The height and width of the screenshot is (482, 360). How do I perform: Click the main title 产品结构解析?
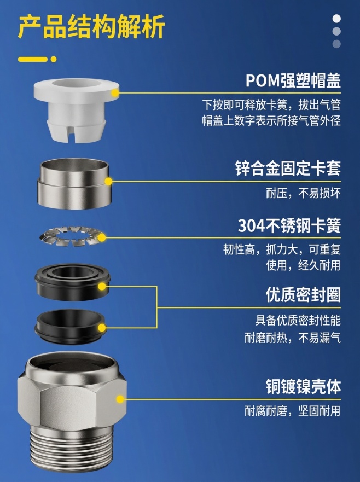tap(91, 27)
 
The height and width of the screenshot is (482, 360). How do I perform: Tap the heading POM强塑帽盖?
tap(293, 81)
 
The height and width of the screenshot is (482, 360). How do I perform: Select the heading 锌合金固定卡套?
tap(288, 169)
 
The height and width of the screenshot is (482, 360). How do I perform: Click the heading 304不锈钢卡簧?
tap(289, 225)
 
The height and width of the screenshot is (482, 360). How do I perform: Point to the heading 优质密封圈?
tap(303, 295)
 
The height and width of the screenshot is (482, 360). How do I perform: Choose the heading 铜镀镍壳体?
tap(303, 386)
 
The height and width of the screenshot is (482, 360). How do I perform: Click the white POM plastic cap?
tap(76, 109)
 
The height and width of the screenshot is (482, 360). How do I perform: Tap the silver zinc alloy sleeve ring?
tap(73, 184)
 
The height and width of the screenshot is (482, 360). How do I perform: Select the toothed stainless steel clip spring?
tap(71, 236)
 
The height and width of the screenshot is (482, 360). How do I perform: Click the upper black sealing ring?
tap(73, 282)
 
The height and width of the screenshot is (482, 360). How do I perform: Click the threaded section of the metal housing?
tap(72, 454)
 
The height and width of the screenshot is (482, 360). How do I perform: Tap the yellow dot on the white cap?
tap(115, 93)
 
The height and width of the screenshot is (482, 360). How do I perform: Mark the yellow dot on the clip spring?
tap(102, 237)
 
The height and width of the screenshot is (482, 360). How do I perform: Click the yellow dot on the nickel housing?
tap(120, 399)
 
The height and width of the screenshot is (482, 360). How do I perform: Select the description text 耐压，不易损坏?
tap(304, 193)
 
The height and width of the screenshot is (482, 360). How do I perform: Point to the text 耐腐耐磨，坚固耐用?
tap(293, 411)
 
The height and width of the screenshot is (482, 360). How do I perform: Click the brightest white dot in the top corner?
tap(336, 19)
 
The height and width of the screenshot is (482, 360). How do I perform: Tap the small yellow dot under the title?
tap(54, 59)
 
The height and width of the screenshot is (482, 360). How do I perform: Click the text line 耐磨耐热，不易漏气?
tap(293, 338)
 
